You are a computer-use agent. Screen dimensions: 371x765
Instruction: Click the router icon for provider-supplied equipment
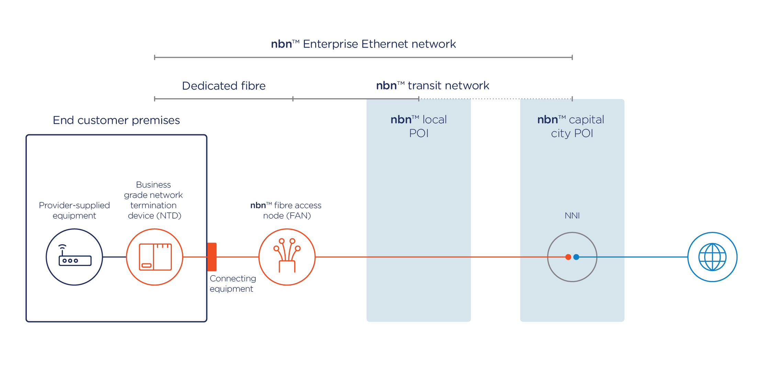click(x=75, y=257)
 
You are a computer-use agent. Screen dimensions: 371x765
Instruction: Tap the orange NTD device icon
click(x=155, y=257)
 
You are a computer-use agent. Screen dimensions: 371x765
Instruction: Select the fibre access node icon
click(x=287, y=257)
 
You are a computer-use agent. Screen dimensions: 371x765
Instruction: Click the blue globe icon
click(x=712, y=257)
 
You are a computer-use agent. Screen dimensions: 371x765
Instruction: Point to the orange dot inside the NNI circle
click(x=568, y=257)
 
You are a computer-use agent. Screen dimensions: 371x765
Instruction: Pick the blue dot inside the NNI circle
click(x=576, y=257)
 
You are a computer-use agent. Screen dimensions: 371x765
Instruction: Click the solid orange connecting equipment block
click(x=212, y=257)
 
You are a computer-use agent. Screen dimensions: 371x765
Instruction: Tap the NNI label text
click(x=572, y=216)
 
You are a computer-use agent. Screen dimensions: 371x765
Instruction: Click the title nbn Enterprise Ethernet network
click(x=363, y=44)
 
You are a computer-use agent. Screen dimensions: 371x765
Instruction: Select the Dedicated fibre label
click(x=224, y=86)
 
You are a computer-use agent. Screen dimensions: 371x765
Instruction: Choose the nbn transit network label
click(x=433, y=86)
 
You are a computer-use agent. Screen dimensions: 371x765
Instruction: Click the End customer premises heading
click(x=116, y=120)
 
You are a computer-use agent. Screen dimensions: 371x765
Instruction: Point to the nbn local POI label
click(x=419, y=126)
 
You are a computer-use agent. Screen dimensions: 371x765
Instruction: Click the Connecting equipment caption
click(x=233, y=283)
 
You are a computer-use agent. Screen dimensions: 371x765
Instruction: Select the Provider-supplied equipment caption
click(x=75, y=210)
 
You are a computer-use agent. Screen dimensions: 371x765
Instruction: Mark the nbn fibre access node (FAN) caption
click(x=286, y=210)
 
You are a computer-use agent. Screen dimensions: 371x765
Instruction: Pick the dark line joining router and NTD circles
click(x=114, y=257)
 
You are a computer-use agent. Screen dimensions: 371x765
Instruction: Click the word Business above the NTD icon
click(x=153, y=185)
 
